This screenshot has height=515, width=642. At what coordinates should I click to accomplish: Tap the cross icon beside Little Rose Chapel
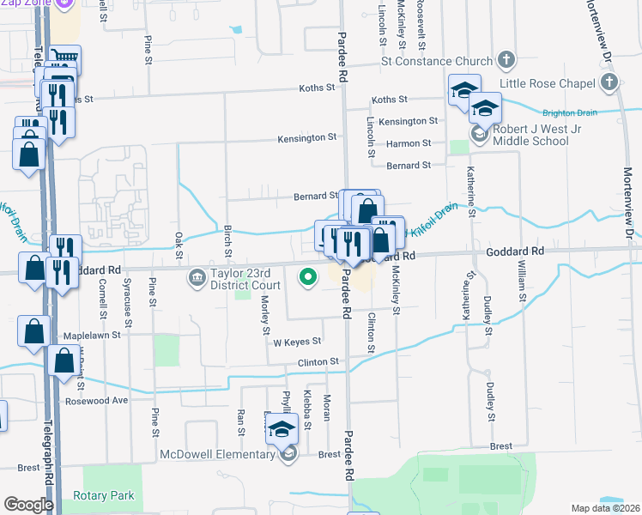[609, 83]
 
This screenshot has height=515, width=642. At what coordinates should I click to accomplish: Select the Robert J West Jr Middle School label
[530, 135]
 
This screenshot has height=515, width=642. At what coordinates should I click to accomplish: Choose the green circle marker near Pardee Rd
[306, 276]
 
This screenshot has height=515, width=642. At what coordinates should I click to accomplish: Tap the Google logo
[28, 505]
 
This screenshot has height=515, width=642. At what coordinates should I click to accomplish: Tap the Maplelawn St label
[90, 336]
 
